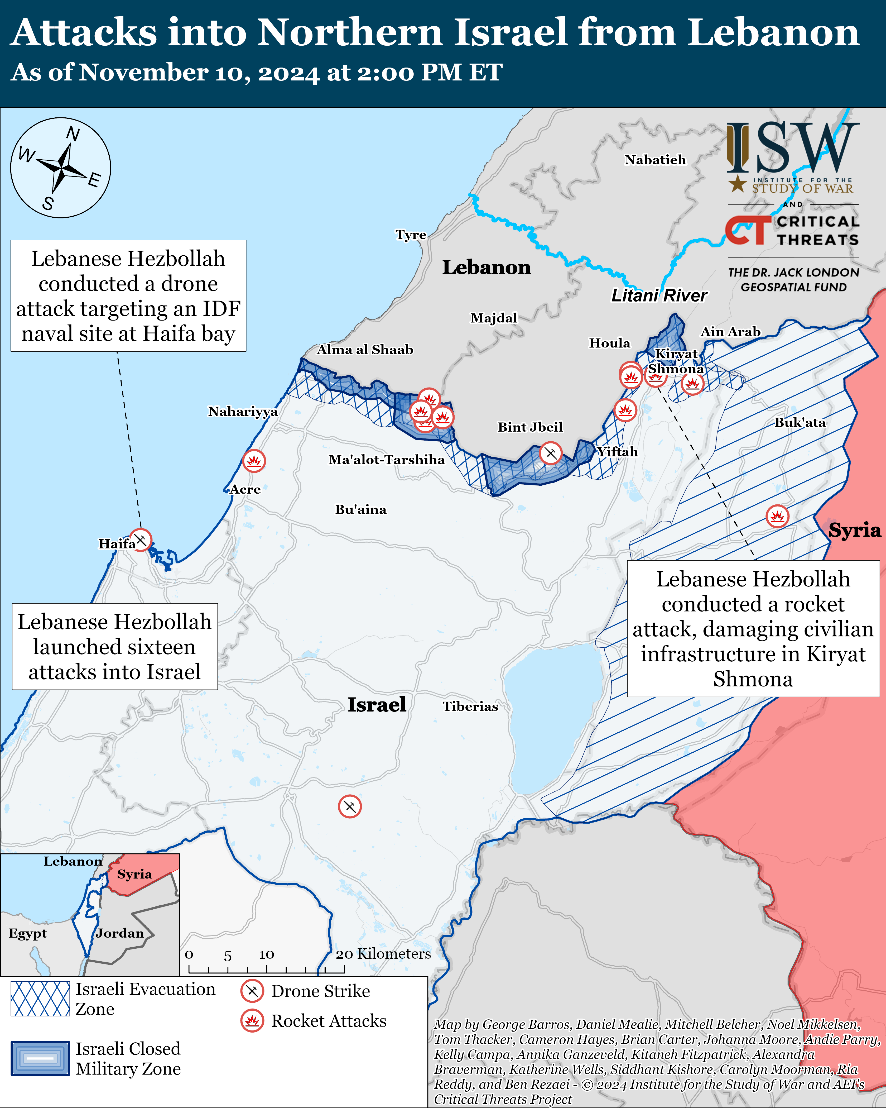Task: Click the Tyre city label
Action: coord(411,235)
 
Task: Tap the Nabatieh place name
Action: coord(655,160)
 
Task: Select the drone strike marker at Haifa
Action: coord(140,539)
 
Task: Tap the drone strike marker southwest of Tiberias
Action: coord(350,806)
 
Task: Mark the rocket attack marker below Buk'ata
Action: coord(777,516)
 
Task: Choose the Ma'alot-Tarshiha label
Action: coord(386,460)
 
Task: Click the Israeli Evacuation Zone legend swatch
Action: coord(40,999)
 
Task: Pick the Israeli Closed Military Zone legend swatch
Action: coord(40,1058)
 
